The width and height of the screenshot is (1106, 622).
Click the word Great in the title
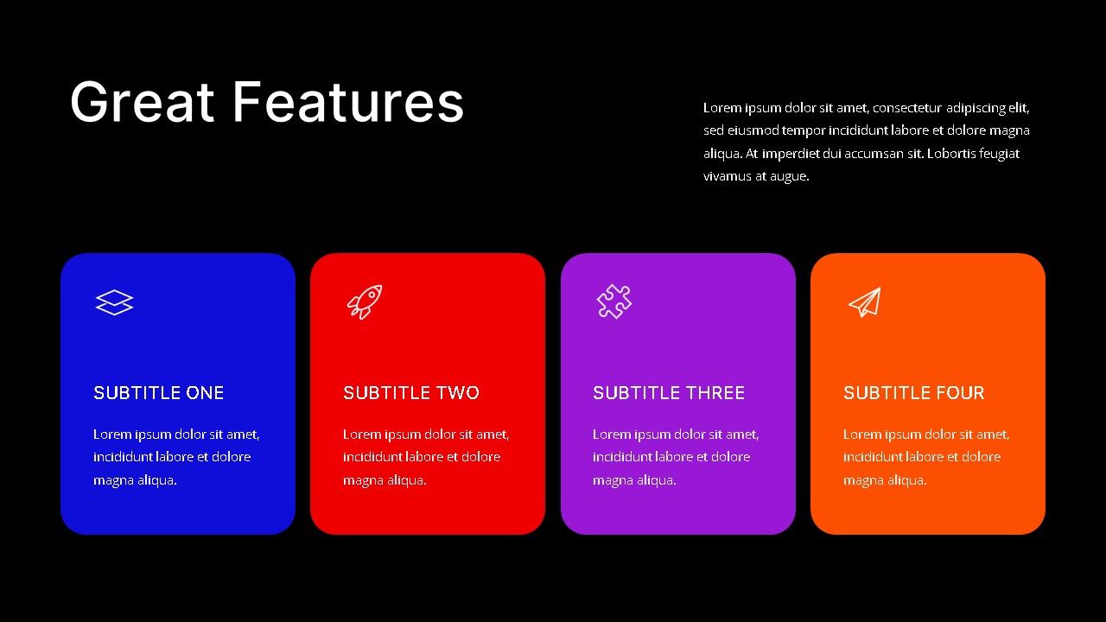pos(142,102)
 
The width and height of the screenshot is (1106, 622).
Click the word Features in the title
pos(348,102)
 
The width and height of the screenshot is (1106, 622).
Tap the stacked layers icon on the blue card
pos(114,302)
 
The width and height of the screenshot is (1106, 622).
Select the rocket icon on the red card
pos(365,301)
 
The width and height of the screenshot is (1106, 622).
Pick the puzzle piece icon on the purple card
pos(614,301)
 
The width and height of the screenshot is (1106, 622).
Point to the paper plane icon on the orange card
pos(864,301)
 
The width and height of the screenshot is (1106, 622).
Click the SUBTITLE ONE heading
pos(158,393)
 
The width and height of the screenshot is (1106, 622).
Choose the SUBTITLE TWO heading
pos(410,393)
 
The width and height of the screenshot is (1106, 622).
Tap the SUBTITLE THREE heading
pos(669,393)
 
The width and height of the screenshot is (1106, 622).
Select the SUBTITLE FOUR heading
pos(913,393)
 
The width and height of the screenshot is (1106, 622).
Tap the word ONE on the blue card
pos(205,393)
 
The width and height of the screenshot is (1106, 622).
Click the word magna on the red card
pos(362,480)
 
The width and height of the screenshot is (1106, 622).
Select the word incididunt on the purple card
pos(627,457)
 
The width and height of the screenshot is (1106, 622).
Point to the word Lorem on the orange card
pos(862,435)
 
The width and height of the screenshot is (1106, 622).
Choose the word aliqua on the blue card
pos(157,480)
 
